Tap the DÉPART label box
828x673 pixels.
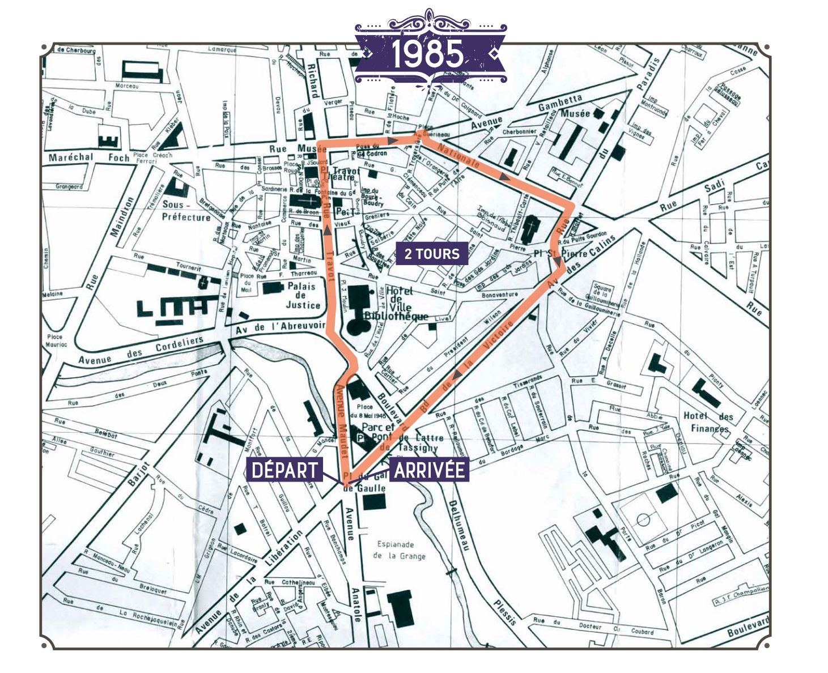pos(285,470)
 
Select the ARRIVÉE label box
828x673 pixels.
pos(429,470)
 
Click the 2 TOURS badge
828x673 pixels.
pos(432,254)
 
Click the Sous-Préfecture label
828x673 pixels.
pos(186,210)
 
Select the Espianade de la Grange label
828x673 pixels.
pos(399,550)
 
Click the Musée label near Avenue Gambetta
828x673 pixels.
pos(575,113)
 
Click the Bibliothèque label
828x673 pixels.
pos(396,316)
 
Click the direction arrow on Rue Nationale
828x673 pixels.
pos(503,176)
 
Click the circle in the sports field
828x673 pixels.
pos(642,519)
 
